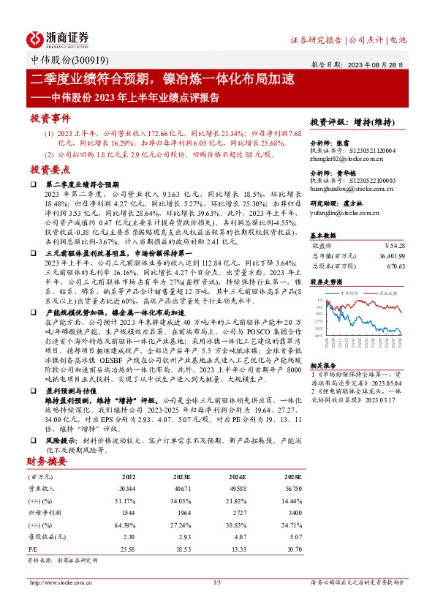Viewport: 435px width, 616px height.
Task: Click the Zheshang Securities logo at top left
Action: (58, 39)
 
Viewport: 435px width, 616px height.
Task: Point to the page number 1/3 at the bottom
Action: (217, 582)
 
